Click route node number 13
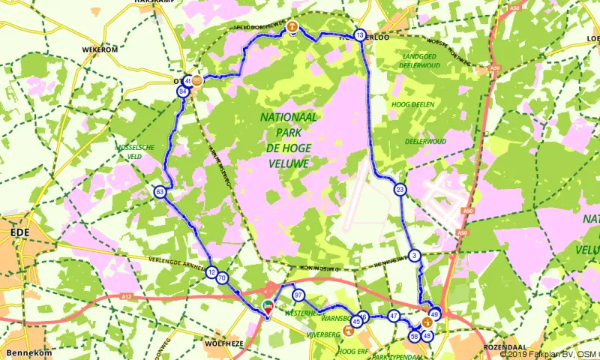[x=360, y=35]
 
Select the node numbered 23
[x=400, y=190]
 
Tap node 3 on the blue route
[x=414, y=256]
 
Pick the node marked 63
[x=160, y=192]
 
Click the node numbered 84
[x=182, y=91]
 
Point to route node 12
[x=212, y=273]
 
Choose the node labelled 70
[x=223, y=278]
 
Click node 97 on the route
[x=298, y=295]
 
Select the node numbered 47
[x=394, y=316]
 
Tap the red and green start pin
[x=268, y=305]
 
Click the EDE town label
[x=19, y=233]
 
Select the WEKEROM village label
[x=101, y=49]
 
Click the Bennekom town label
[x=26, y=352]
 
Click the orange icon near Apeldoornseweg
[x=292, y=27]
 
